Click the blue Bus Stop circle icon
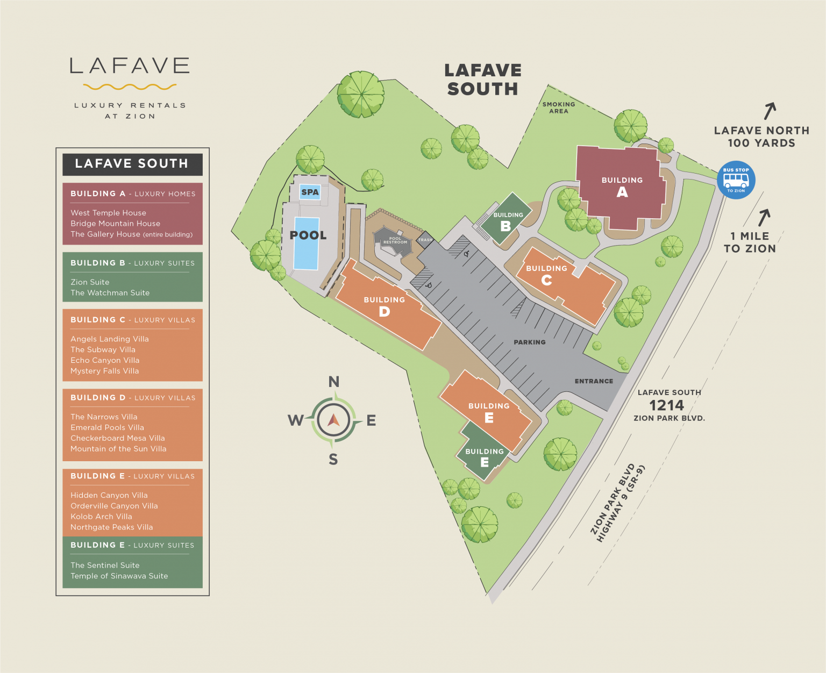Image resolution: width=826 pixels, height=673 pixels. point(736,180)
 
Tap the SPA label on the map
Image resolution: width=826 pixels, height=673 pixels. point(310,192)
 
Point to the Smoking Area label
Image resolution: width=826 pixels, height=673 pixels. point(559,108)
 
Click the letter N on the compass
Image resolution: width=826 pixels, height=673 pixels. point(334,382)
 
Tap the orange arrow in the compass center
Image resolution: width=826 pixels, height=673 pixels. point(333,420)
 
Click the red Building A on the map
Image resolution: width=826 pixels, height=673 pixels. point(622,185)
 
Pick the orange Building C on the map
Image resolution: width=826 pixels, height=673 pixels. point(559,285)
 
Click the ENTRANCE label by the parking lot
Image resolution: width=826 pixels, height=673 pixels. point(594,381)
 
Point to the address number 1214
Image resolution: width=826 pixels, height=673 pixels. point(666,405)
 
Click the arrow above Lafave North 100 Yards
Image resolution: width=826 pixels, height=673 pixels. point(770,111)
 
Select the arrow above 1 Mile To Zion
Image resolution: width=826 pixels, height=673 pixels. point(764,217)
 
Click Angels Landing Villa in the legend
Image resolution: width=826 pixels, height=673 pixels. point(110,339)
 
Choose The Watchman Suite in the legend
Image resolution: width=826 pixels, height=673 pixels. point(110,292)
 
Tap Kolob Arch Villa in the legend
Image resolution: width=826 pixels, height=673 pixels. point(101,516)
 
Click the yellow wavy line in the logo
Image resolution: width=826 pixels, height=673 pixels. point(130,87)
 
